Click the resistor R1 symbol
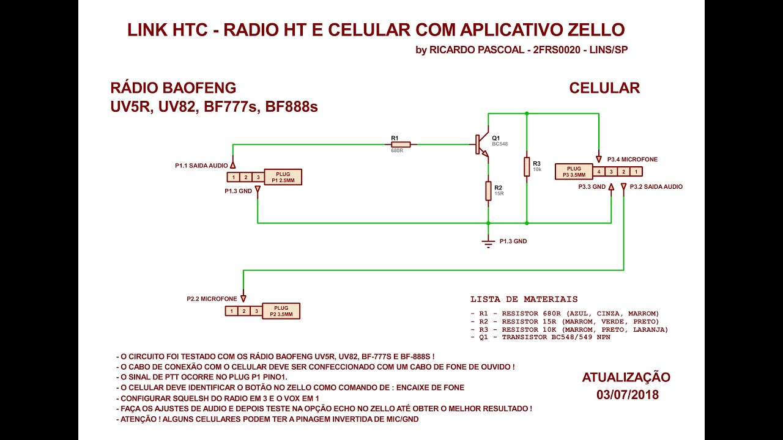click(x=401, y=145)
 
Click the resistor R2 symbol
click(x=488, y=191)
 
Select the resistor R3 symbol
click(x=527, y=167)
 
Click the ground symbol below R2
click(x=488, y=243)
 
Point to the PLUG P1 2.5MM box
click(x=283, y=177)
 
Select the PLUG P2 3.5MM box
click(x=281, y=311)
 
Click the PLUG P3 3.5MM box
click(x=573, y=172)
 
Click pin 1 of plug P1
click(x=233, y=177)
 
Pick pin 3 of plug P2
click(x=256, y=311)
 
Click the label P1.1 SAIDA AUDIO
click(x=201, y=166)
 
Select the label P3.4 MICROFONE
click(x=632, y=159)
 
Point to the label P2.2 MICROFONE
click(x=212, y=299)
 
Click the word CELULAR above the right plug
click(x=604, y=88)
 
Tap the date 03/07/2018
click(x=627, y=395)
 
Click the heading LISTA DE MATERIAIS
click(x=524, y=299)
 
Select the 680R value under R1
click(x=397, y=150)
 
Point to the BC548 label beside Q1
click(x=500, y=144)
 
